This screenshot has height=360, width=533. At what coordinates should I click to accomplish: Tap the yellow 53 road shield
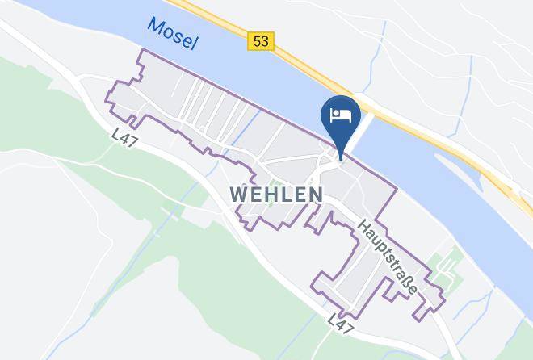[262, 41]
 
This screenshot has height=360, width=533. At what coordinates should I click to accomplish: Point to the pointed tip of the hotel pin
[341, 158]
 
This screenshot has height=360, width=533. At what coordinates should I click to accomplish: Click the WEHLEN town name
[277, 195]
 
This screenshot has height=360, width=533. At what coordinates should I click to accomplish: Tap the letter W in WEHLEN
[238, 195]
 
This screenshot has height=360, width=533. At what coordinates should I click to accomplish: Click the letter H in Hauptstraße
[365, 228]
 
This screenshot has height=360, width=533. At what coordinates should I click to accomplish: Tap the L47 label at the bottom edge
[342, 326]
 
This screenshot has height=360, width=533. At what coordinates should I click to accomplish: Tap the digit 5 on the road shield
[258, 41]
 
